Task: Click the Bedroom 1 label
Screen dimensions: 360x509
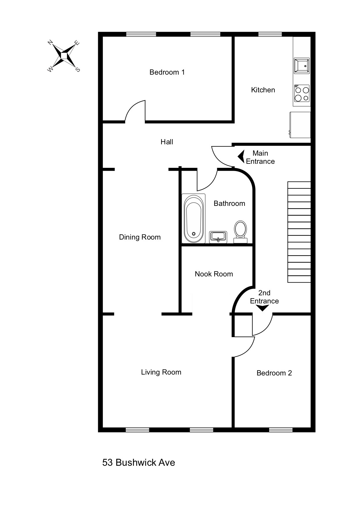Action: [x=167, y=72]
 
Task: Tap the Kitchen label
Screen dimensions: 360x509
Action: [x=263, y=90]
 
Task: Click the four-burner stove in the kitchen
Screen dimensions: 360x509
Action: [x=302, y=93]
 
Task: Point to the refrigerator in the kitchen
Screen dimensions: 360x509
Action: [x=300, y=125]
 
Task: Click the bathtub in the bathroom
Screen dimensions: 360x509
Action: [x=194, y=218]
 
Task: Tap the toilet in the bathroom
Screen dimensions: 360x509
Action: [x=240, y=231]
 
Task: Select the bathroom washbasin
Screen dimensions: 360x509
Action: [x=218, y=236]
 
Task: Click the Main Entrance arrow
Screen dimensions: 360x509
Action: [x=241, y=157]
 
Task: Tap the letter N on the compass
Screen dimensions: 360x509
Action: [x=50, y=43]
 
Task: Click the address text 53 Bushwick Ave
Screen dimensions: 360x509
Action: [x=138, y=462]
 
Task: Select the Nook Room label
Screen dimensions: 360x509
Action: [x=214, y=274]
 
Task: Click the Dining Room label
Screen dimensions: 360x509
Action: [x=140, y=237]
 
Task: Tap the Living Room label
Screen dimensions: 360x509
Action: [x=161, y=372]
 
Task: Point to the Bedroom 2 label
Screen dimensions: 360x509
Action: [x=274, y=373]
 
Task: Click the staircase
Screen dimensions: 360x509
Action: [x=299, y=232]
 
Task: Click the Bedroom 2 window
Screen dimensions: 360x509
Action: [x=280, y=430]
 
